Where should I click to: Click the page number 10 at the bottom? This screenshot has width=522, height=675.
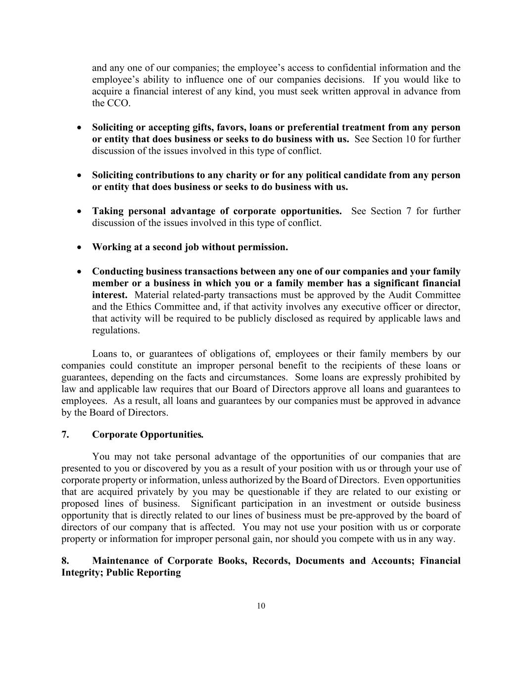[x=261, y=606]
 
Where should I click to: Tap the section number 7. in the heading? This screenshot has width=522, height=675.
[x=65, y=435]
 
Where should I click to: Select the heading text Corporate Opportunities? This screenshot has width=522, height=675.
[x=147, y=435]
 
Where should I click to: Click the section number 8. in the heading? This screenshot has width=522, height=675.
[x=65, y=561]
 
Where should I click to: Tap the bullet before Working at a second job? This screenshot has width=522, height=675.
[x=79, y=247]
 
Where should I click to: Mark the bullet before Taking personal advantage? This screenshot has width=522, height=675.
[x=79, y=211]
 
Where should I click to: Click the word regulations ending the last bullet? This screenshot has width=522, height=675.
[x=115, y=330]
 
